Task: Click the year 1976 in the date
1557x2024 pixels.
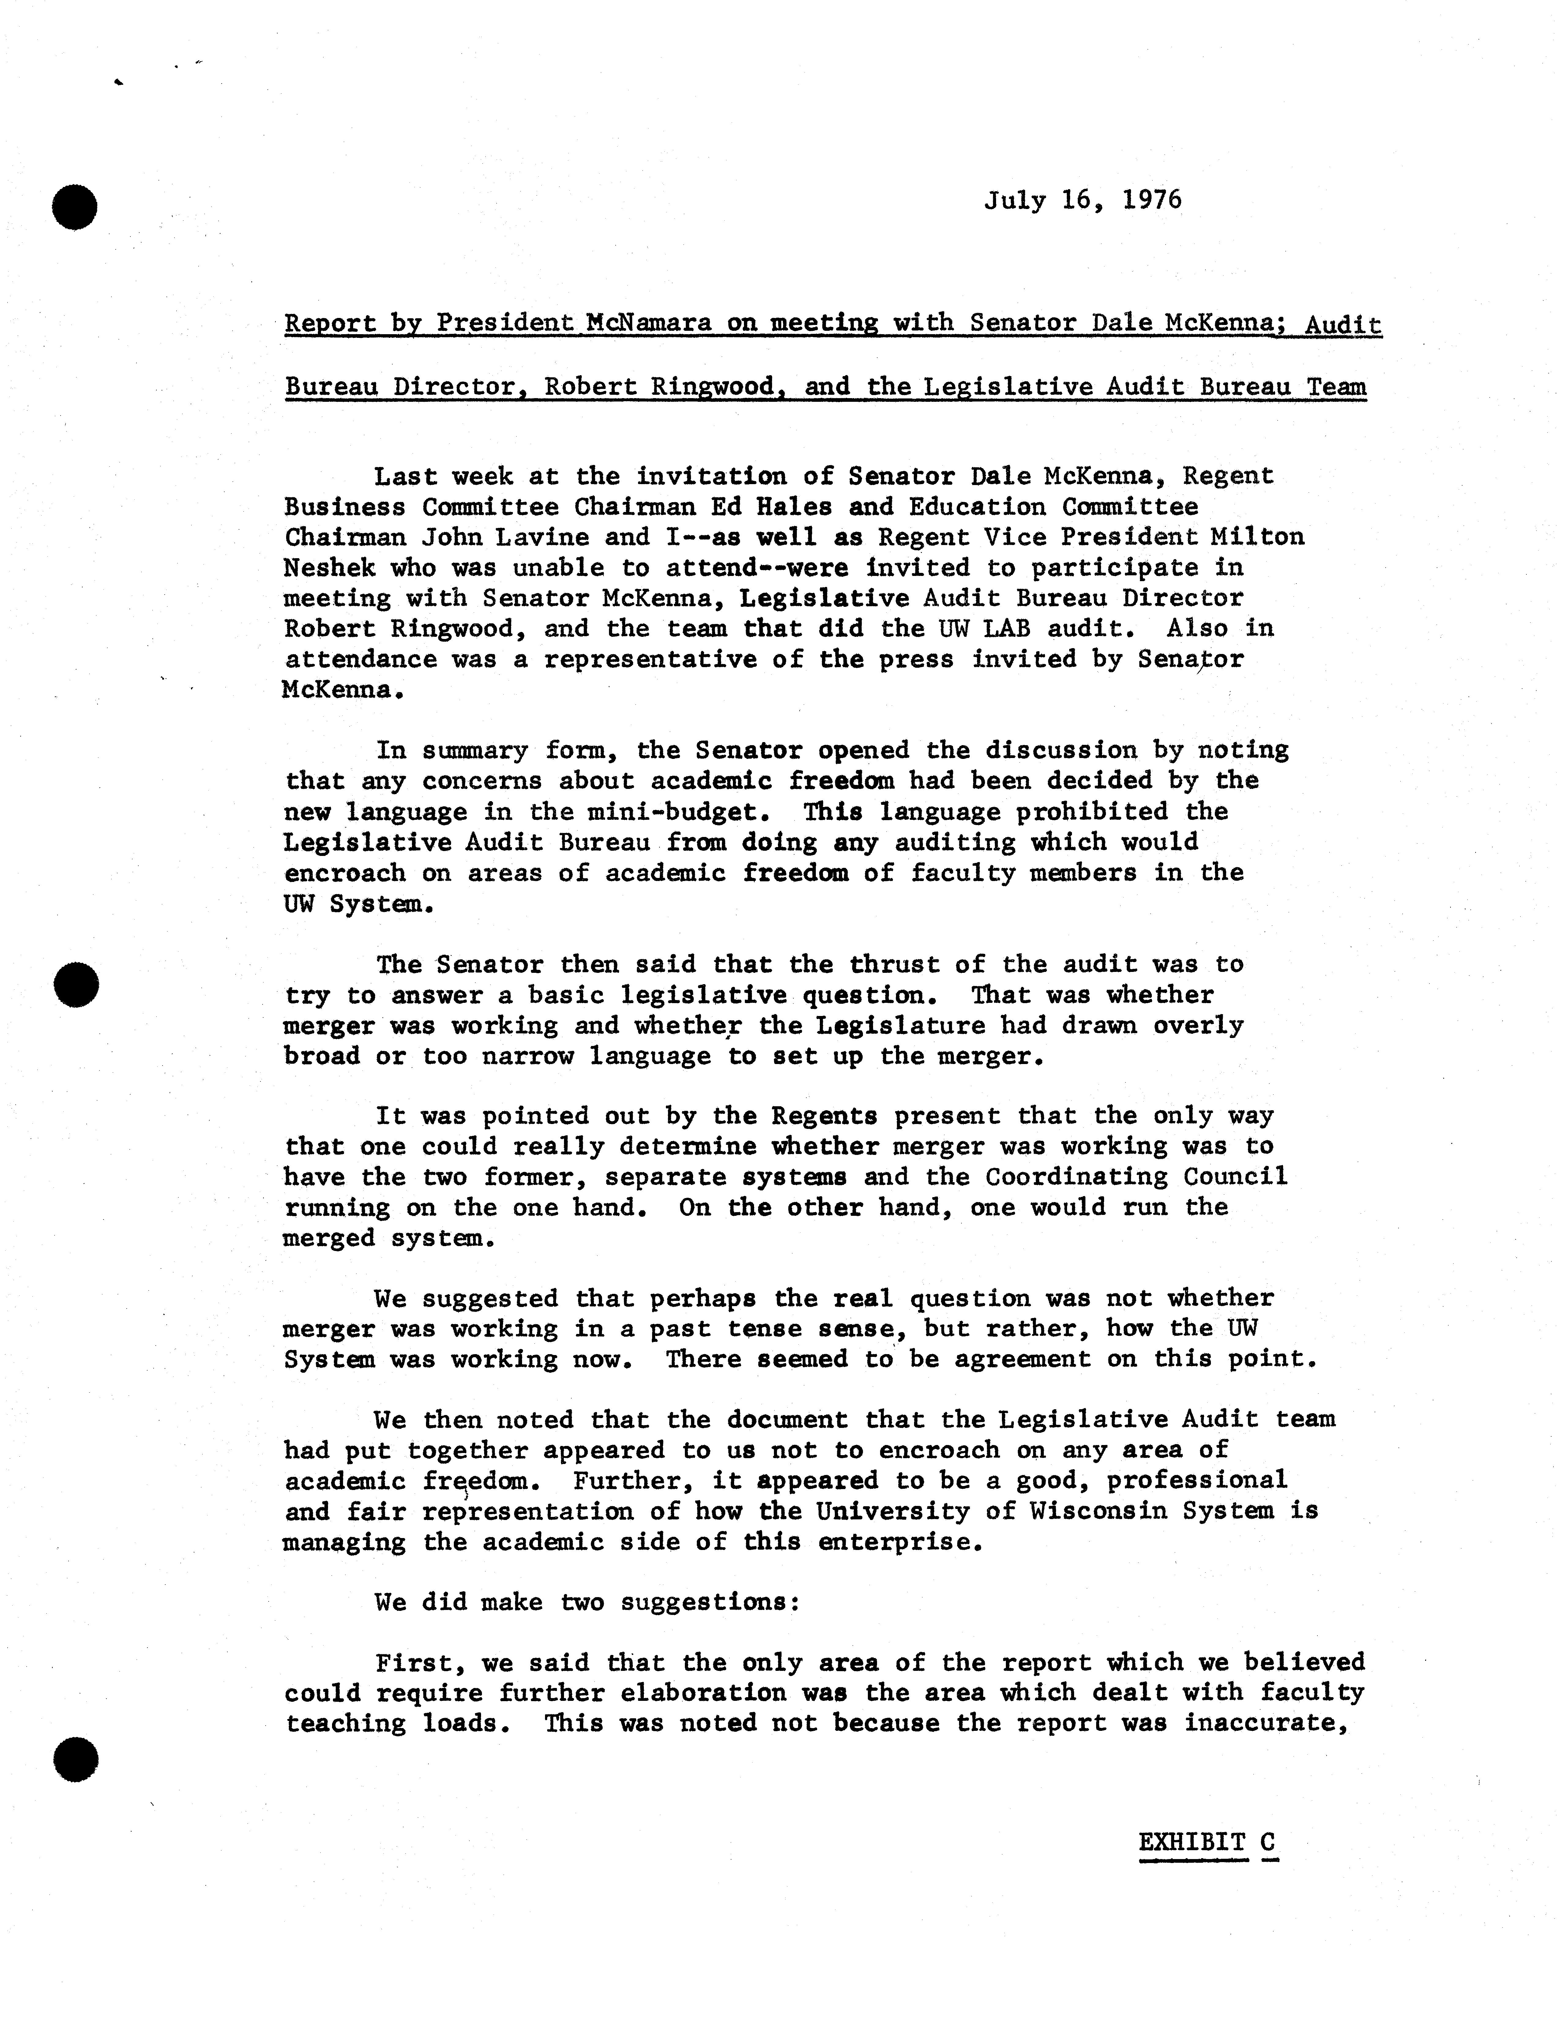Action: pyautogui.click(x=1152, y=200)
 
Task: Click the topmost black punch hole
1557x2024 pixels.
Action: pyautogui.click(x=75, y=207)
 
